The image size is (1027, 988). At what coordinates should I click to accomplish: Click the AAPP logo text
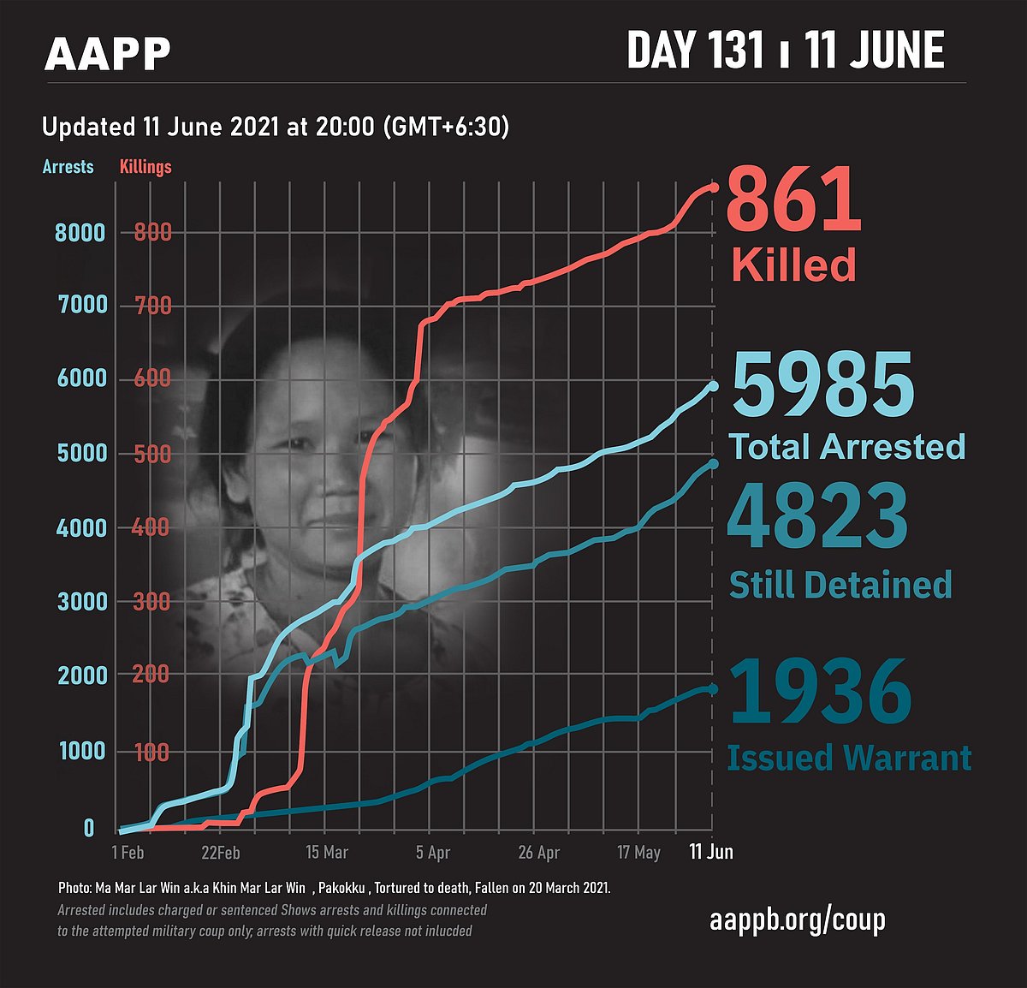tap(108, 54)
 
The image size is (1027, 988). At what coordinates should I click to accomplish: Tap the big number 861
tap(793, 199)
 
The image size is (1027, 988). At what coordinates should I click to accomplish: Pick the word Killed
tap(793, 265)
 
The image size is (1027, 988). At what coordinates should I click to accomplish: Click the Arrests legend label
tap(68, 166)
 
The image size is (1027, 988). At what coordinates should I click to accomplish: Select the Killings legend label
tap(145, 166)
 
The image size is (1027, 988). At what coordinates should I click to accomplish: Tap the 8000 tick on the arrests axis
tap(81, 233)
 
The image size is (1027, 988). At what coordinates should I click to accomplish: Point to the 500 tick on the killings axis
tap(151, 453)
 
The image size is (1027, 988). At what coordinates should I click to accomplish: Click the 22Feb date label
tap(220, 853)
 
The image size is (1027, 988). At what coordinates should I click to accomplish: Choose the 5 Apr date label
tap(433, 853)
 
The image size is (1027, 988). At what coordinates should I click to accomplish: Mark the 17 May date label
tap(638, 853)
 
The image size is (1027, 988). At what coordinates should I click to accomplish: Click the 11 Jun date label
tap(712, 852)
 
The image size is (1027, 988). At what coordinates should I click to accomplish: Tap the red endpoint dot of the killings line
tap(714, 187)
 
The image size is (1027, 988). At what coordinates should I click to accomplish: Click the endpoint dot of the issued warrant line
tap(713, 689)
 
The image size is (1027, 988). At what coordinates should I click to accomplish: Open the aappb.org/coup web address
tap(797, 920)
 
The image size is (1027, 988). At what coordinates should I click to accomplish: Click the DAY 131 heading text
tap(695, 51)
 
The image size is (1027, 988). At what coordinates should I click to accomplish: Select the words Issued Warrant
tap(849, 758)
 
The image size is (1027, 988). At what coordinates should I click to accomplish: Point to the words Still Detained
tap(840, 585)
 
